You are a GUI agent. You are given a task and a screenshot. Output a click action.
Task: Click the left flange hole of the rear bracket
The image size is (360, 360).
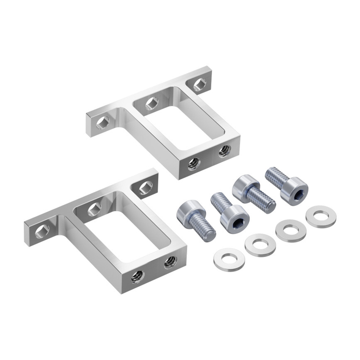coord(103,122)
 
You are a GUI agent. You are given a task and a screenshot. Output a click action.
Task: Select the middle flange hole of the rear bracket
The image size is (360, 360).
coord(152,103)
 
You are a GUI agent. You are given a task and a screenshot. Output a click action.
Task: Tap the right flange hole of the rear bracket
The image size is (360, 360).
coord(200,84)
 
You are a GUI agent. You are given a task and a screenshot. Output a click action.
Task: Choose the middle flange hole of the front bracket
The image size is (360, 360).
coord(94,209)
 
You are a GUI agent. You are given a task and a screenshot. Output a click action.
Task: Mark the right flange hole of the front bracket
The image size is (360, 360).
coord(146,188)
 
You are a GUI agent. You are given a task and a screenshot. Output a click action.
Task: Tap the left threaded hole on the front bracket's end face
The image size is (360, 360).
coord(138,276)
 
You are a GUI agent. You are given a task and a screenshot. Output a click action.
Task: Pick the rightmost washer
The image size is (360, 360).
coord(321,216)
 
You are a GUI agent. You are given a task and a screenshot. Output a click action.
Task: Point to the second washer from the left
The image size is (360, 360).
coord(260,245)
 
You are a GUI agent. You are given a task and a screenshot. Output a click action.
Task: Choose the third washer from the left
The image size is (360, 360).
coord(291,231)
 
